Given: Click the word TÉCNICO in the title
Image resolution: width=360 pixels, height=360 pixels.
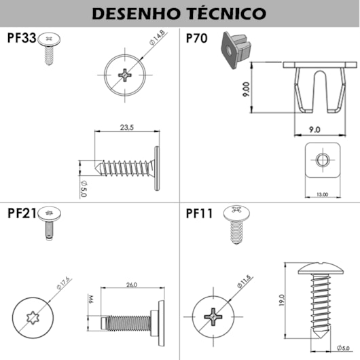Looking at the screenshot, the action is pos(226,13).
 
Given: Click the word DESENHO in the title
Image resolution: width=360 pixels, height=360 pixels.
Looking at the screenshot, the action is pos(136,14).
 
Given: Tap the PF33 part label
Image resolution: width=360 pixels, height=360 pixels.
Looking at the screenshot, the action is pos(22,37).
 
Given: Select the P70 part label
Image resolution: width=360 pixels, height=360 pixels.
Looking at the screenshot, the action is pos(196,38).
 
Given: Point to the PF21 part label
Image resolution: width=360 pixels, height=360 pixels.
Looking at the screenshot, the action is pos(22,213).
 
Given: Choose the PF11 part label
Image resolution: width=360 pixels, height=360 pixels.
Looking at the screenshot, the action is pos(199,213).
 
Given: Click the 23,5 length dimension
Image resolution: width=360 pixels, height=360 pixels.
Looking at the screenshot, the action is pos(127,127).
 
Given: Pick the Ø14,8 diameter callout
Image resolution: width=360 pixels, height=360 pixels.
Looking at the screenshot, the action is pos(158,37).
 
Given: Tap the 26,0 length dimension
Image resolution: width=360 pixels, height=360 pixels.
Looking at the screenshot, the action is pos(132,285).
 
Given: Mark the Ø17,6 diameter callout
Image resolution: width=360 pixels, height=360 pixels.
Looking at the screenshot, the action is pos(63,283).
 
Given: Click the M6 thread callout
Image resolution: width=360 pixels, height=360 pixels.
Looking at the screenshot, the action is pos(90,300).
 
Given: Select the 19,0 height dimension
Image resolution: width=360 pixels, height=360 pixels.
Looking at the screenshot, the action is pos(281,300).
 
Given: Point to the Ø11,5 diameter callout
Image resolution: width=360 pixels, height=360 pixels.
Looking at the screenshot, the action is pos(244,281).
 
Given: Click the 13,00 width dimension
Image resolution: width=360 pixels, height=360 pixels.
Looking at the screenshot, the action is pos(323,194).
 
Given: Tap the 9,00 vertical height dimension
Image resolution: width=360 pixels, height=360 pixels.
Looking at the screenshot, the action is pos(246,89).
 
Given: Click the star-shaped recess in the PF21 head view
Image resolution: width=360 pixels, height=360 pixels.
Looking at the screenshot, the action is pos(33,317).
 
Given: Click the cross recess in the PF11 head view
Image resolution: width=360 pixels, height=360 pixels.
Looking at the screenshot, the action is pos(213,317).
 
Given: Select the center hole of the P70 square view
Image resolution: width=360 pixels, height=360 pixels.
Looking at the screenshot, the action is pos(323,160).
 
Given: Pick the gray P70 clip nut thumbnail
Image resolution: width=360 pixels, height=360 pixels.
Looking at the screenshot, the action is pos(236,50).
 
